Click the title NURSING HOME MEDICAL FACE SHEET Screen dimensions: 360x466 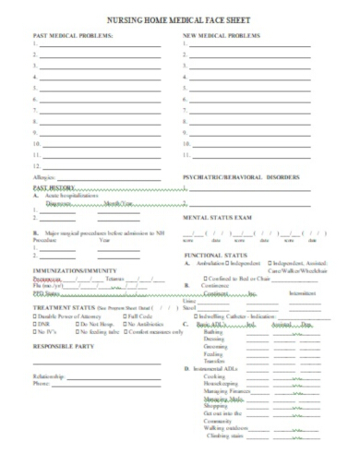click(x=180, y=18)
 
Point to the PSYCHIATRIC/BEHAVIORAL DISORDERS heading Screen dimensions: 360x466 click(x=241, y=176)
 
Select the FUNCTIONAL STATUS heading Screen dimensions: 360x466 click(x=216, y=254)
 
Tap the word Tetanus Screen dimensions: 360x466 click(x=115, y=279)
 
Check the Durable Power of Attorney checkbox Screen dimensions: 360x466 click(x=35, y=317)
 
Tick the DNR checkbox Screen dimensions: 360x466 click(x=35, y=324)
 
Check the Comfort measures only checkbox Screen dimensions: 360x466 click(x=126, y=331)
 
